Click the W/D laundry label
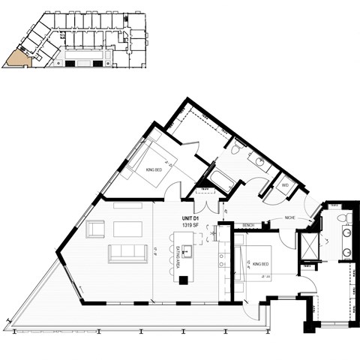pos(285,184)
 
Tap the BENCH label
pos(247,225)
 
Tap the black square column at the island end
pos(183,280)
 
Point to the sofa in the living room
pos(127,253)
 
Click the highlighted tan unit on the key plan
pos(15,59)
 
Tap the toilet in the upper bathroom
pos(235,151)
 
